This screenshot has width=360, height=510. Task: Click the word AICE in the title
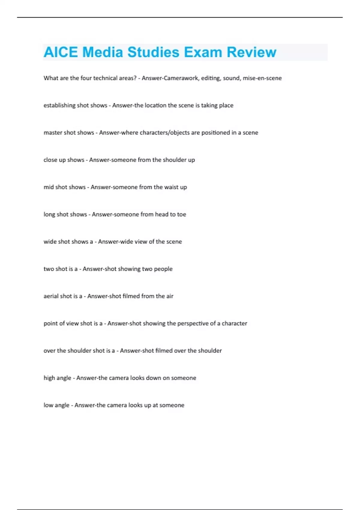point(61,52)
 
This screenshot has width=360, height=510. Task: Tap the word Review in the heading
point(251,52)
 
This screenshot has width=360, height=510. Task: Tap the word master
point(53,133)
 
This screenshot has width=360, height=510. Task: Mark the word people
point(163,269)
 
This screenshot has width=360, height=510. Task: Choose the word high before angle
point(49,378)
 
